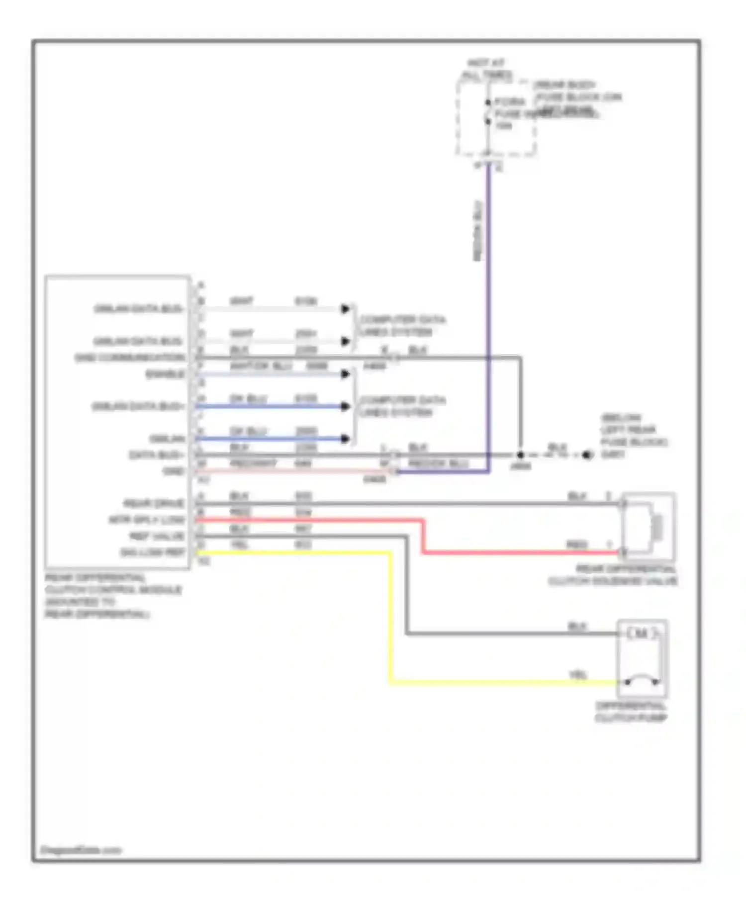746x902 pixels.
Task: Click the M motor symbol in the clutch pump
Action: click(642, 633)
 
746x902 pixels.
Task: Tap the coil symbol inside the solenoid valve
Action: click(657, 527)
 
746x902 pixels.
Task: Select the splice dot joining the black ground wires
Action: click(520, 455)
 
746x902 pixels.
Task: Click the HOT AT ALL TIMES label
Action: click(486, 69)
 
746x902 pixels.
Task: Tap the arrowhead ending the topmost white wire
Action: click(345, 309)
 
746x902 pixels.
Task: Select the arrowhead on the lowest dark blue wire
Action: click(345, 439)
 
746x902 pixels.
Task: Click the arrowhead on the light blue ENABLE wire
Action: click(345, 374)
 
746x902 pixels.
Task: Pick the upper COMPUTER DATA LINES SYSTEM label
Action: click(402, 325)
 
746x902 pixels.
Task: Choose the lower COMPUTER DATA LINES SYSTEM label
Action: click(402, 406)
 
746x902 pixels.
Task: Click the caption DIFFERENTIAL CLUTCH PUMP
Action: click(631, 712)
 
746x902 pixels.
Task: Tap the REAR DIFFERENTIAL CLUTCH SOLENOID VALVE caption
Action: click(613, 575)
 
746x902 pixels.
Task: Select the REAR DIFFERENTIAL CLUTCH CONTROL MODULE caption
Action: click(113, 596)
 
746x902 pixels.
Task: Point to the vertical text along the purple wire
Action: click(478, 231)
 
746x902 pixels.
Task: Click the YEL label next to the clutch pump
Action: click(578, 675)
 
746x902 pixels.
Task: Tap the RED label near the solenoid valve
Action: click(576, 544)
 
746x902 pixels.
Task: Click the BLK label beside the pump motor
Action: click(577, 627)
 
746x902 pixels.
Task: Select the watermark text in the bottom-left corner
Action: click(80, 850)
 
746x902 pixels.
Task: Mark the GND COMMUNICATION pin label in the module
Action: click(130, 358)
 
